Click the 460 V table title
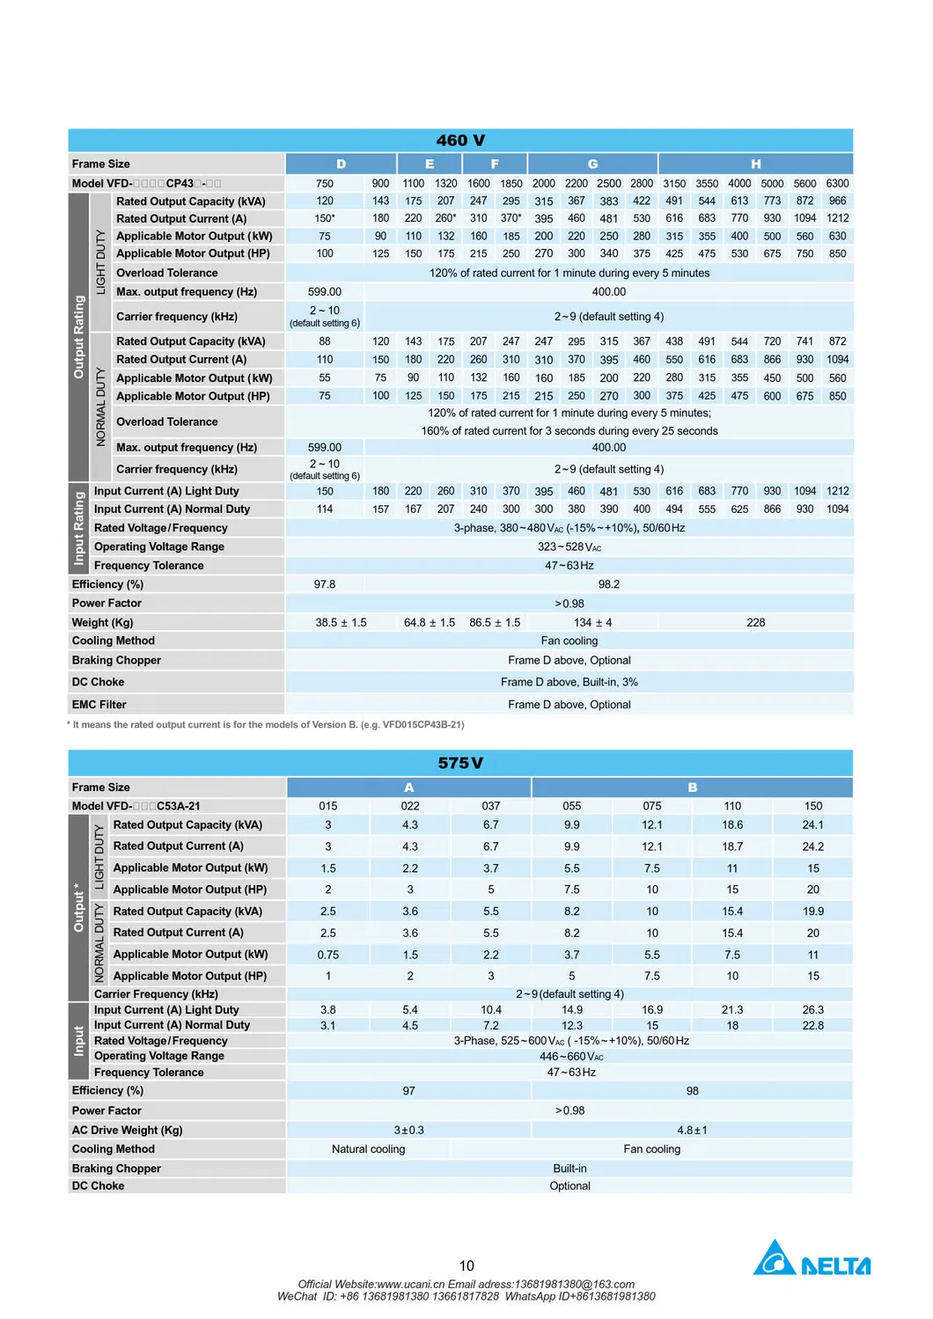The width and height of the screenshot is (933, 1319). pyautogui.click(x=460, y=141)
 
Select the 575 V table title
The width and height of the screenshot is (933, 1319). pyautogui.click(x=460, y=763)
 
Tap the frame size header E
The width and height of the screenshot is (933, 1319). pyautogui.click(x=430, y=164)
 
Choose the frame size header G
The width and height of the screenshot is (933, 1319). pyautogui.click(x=592, y=164)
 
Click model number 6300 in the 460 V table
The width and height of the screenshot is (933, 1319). pyautogui.click(x=837, y=183)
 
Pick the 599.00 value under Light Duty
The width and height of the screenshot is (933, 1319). pyautogui.click(x=325, y=291)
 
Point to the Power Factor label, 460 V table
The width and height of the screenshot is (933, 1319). pyautogui.click(x=107, y=603)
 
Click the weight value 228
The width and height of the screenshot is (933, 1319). pyautogui.click(x=755, y=622)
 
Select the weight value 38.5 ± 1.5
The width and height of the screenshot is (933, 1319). pyautogui.click(x=341, y=622)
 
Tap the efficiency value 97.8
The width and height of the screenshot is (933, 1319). pyautogui.click(x=325, y=584)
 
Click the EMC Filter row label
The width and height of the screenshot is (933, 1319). pyautogui.click(x=99, y=704)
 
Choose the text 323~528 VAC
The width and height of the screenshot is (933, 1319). pyautogui.click(x=569, y=546)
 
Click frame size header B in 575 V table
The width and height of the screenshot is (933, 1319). pyautogui.click(x=692, y=788)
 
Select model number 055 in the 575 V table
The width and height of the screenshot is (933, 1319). pyautogui.click(x=572, y=806)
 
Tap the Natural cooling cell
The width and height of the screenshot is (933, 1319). pyautogui.click(x=368, y=1149)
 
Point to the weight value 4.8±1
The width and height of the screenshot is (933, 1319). pyautogui.click(x=692, y=1130)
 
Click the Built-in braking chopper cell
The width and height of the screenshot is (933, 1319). pyautogui.click(x=569, y=1169)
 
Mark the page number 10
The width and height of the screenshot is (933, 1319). pyautogui.click(x=466, y=1265)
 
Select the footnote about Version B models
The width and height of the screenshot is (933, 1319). pyautogui.click(x=267, y=725)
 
